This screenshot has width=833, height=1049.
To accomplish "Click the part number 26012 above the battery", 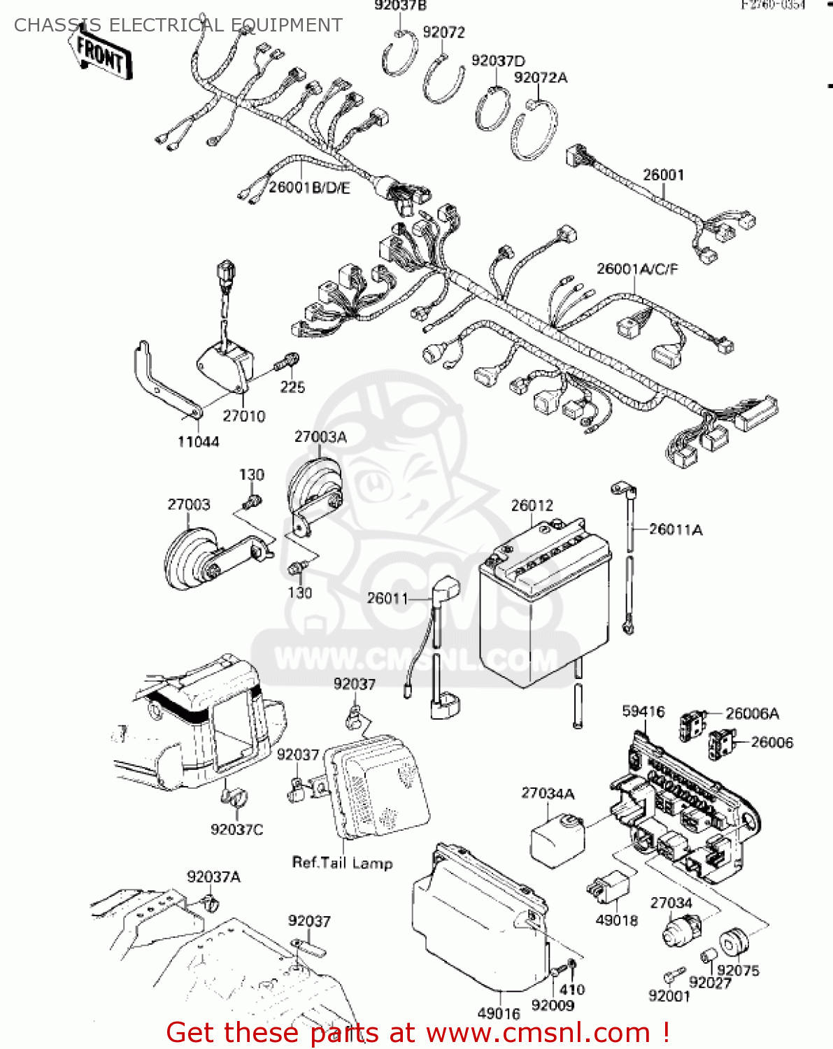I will pos(532,506).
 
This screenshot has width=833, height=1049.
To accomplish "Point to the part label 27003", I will pos(188,504).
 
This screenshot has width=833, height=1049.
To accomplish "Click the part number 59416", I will pos(643,711).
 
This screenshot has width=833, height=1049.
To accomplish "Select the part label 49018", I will pos(616,920).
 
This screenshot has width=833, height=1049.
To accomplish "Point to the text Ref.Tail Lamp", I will pos(342,863).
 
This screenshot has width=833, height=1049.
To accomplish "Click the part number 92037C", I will pos(236,829).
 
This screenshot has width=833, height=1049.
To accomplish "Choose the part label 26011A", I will pos(675,529).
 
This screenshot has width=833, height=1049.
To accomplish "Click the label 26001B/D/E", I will pos(309,187).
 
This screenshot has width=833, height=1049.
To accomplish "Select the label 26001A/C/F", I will pos(636,269).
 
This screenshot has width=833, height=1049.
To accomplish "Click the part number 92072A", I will pos(540,78).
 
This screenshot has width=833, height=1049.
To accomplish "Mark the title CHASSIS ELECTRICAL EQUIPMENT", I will pos(178,25).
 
